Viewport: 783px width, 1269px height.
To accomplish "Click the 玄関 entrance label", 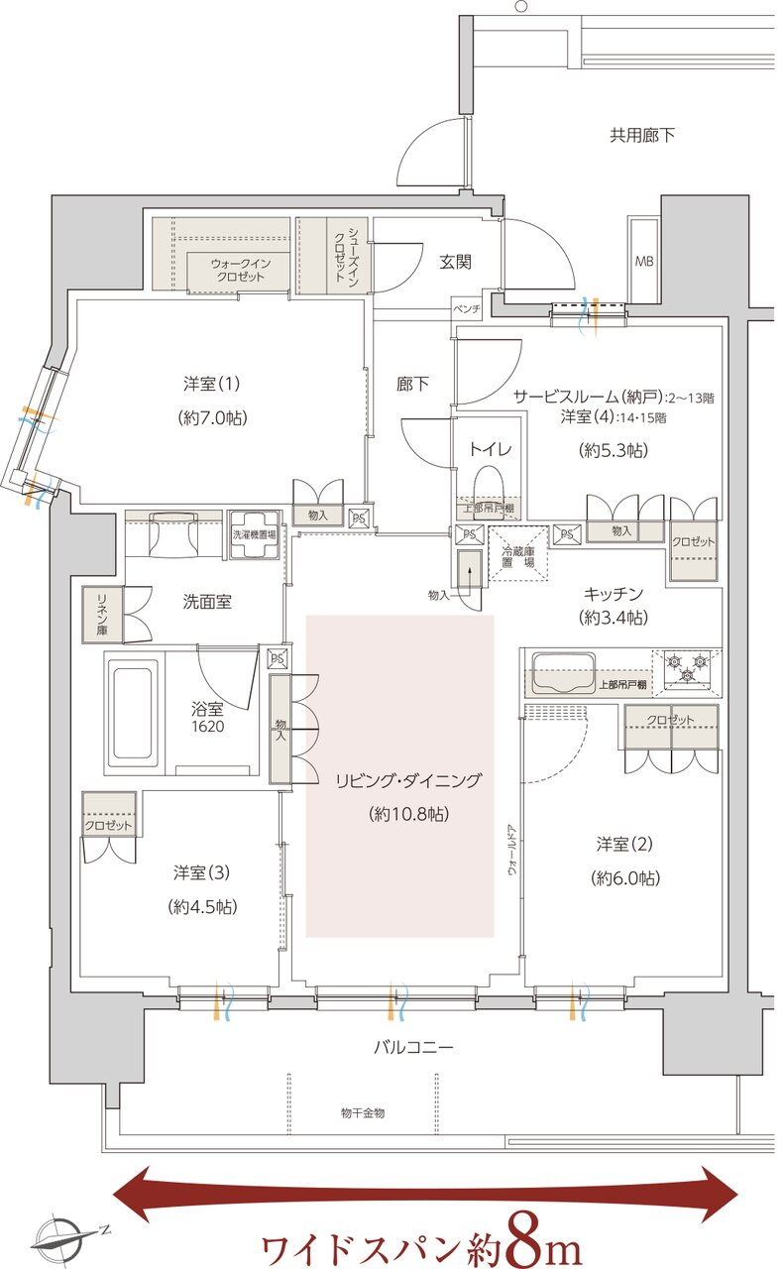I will [455, 262].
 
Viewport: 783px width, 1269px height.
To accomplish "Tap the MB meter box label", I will [643, 262].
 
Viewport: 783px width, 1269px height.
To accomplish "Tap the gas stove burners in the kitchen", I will [687, 665].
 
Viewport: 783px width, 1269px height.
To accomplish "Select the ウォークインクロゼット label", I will [238, 270].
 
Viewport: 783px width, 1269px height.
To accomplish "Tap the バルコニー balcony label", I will [414, 1047].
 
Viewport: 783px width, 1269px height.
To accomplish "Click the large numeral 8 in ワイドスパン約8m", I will [524, 1239].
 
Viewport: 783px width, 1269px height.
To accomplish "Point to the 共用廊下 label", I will [641, 135].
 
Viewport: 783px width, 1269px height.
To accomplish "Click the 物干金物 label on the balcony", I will [362, 1113].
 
